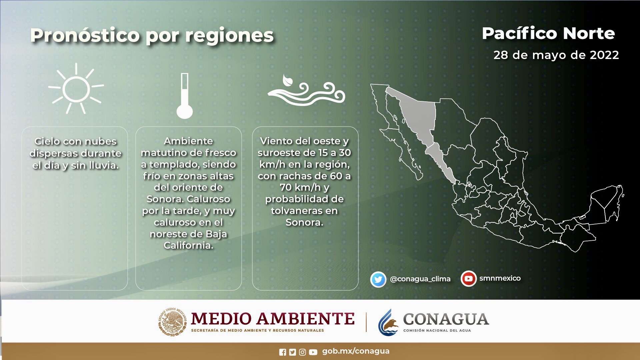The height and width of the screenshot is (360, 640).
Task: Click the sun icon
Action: point(76,89)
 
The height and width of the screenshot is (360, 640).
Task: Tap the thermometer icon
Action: point(185,96)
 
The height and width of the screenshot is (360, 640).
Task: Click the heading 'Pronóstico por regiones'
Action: point(152,35)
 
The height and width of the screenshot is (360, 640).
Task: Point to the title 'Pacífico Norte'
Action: point(548,33)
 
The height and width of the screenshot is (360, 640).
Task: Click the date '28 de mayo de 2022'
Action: point(556,55)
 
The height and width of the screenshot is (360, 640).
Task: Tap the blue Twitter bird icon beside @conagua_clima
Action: point(378,279)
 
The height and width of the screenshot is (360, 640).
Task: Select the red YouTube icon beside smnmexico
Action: point(469,279)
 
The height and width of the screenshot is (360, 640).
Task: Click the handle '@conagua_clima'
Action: point(420,279)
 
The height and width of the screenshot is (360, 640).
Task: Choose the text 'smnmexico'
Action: point(500,278)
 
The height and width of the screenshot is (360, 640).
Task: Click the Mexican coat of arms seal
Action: point(173,322)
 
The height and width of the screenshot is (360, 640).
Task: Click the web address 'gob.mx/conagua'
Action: point(356,351)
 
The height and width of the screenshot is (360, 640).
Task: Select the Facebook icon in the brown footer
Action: point(283,352)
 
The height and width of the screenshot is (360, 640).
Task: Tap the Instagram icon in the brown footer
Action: point(302,352)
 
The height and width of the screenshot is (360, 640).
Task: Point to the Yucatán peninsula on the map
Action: point(605,203)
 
